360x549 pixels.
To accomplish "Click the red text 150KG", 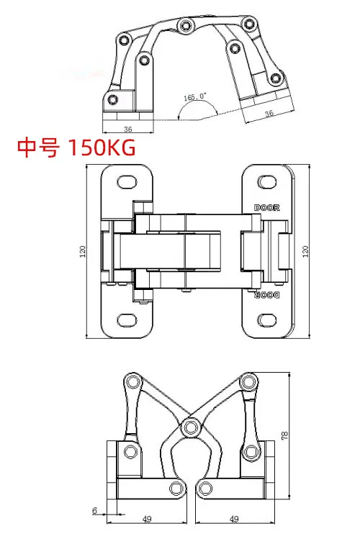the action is click(101, 147).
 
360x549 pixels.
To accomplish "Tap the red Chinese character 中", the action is click(27, 148).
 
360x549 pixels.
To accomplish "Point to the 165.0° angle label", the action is click(195, 96).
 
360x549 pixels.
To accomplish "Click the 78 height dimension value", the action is click(284, 435).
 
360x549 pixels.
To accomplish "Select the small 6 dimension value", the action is click(94, 511).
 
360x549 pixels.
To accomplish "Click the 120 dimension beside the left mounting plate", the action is click(83, 251).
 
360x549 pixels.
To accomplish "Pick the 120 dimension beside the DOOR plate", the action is click(305, 251).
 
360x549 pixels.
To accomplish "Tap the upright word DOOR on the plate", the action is click(267, 208).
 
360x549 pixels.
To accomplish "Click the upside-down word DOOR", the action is click(267, 295).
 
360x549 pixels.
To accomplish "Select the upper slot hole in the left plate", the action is click(127, 182).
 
